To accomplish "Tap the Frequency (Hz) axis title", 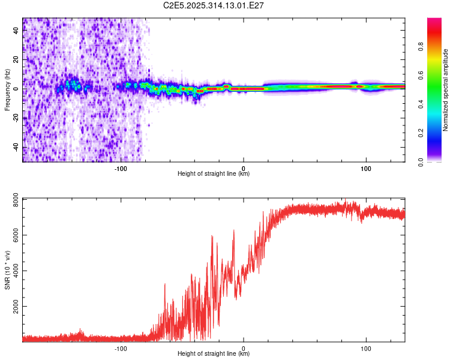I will click(x=7, y=90).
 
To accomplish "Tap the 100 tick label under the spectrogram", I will click(x=365, y=167).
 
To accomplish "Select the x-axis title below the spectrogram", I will click(x=214, y=174).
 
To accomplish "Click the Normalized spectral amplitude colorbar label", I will click(x=445, y=90).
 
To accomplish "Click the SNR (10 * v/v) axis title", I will click(x=7, y=269).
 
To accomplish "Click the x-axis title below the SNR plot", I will click(x=214, y=354).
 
